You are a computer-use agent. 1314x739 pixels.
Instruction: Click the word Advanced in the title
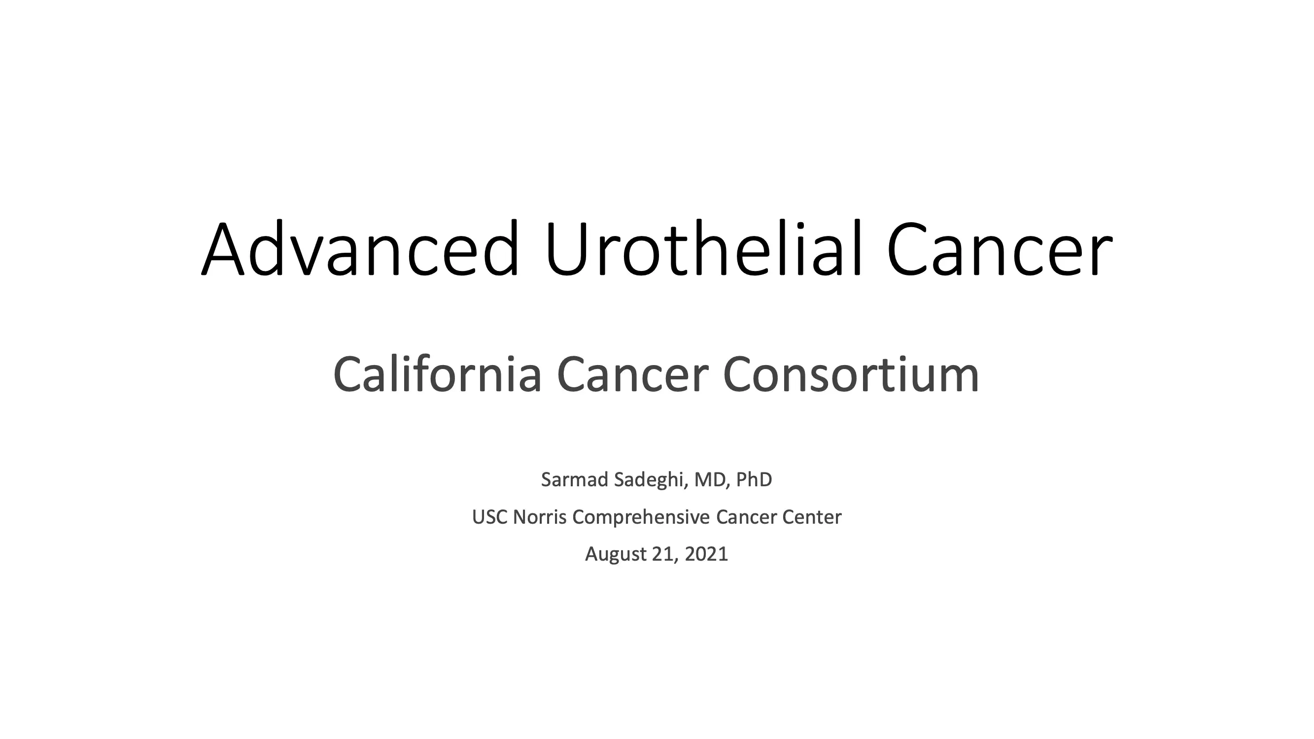[x=361, y=248]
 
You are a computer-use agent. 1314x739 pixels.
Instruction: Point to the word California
[x=437, y=374]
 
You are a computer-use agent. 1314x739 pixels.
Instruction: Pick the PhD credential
[x=754, y=479]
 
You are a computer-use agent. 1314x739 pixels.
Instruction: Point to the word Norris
[x=540, y=517]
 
